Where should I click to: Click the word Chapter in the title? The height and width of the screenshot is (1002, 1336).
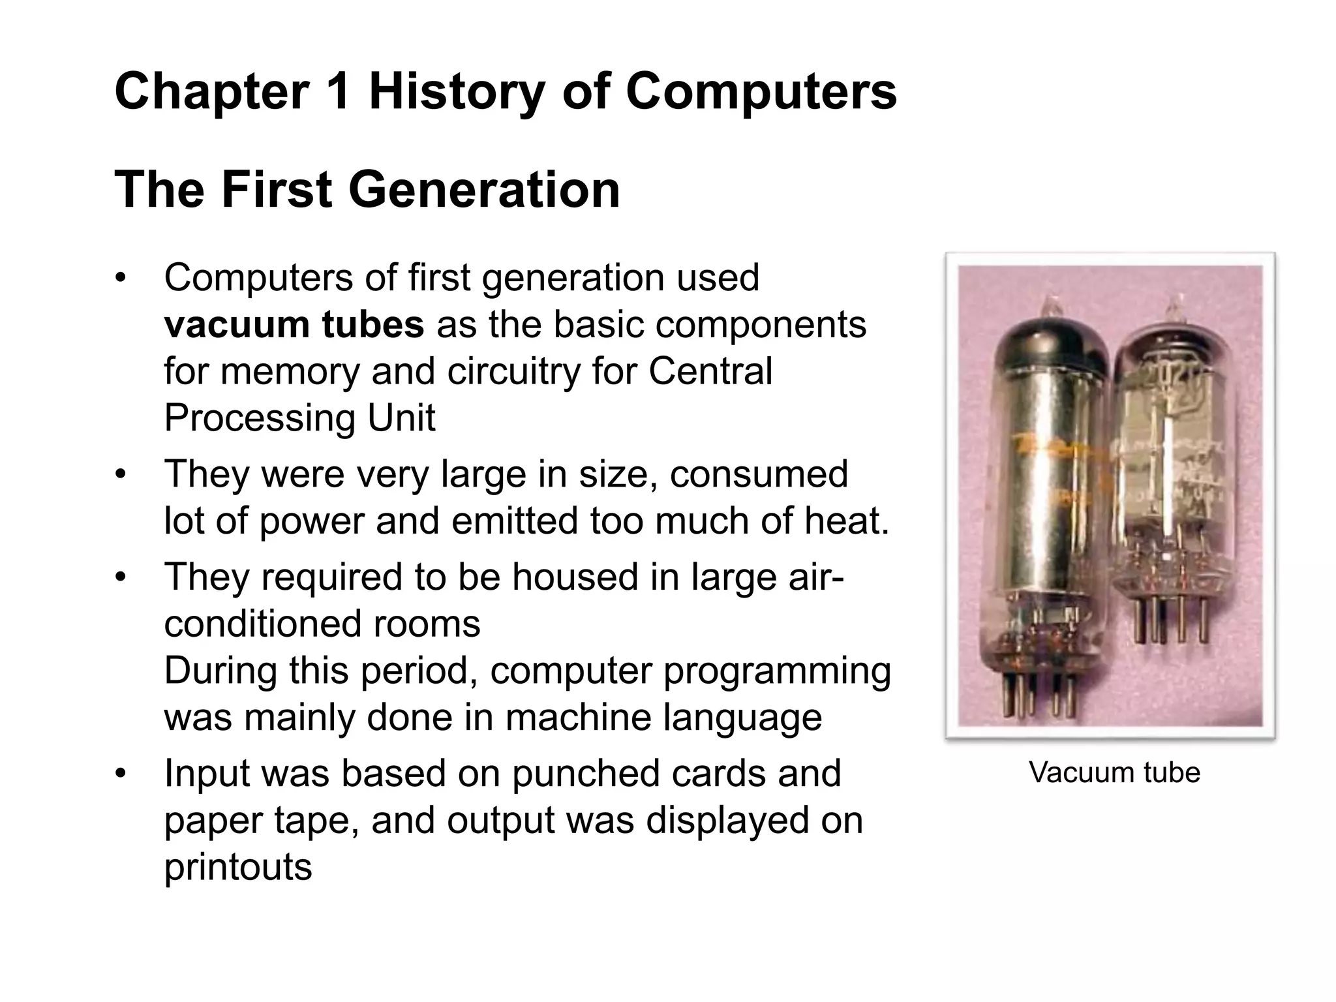211,93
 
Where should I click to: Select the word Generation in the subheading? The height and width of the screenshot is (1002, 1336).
484,190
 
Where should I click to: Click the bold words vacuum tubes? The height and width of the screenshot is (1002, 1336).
294,324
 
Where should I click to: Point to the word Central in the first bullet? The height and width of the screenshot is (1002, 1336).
710,371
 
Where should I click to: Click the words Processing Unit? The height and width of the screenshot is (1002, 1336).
299,417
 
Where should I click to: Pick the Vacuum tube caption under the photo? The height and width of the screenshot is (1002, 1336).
1114,772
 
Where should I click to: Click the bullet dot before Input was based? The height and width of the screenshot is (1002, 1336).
119,774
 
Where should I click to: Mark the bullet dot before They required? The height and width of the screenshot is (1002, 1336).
119,578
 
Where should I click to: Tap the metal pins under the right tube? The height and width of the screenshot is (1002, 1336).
1171,620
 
